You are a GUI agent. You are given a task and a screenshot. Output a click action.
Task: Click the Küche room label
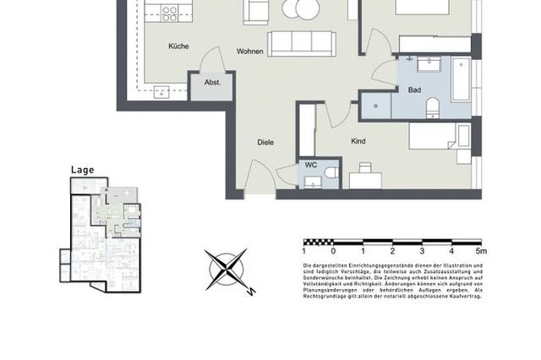178,46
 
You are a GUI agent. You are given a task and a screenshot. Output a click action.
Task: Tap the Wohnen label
250,52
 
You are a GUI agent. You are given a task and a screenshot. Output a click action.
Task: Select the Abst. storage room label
212,83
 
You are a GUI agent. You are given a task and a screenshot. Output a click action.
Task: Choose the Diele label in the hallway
265,142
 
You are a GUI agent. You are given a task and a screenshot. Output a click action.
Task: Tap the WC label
311,166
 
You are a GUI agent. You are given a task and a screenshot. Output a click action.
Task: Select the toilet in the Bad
432,106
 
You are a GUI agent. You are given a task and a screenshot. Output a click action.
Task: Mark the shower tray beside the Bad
375,104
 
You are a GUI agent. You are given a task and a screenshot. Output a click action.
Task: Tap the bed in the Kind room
440,135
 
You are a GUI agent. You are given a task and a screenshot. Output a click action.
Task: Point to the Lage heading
82,169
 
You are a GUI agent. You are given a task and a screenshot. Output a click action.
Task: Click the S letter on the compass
251,292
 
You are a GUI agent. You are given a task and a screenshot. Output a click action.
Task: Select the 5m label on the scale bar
480,251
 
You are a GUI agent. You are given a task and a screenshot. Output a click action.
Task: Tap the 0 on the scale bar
333,251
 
